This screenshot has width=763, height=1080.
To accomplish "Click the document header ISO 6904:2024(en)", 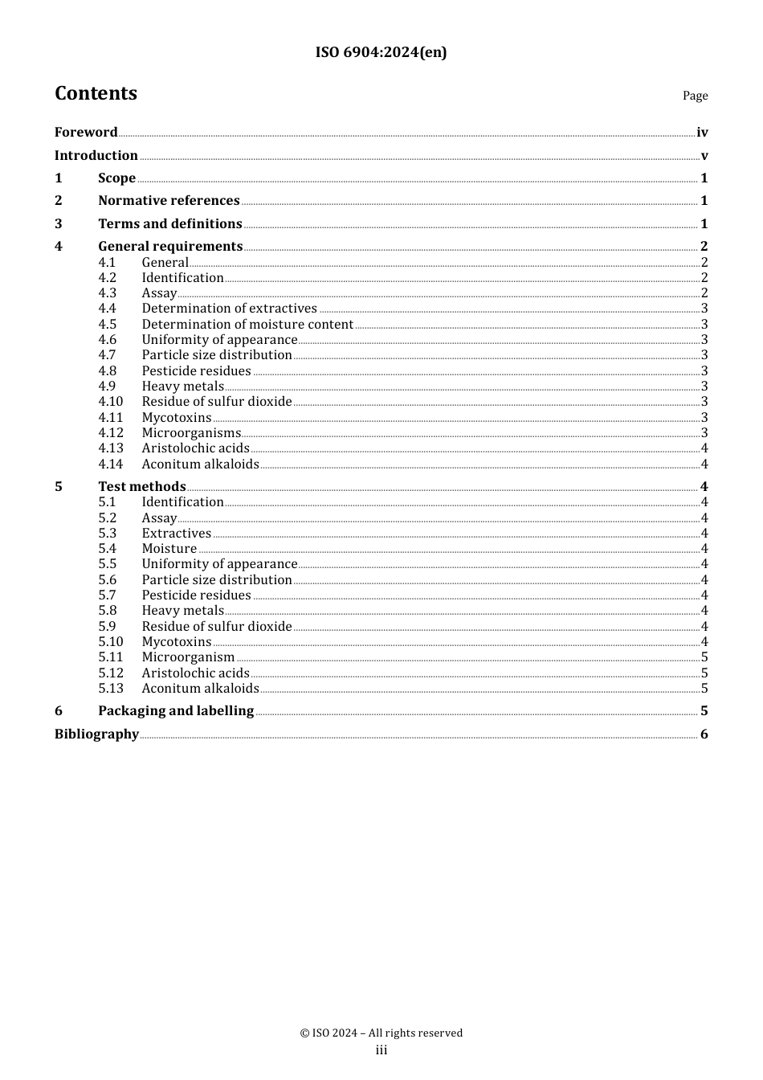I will pos(381,52).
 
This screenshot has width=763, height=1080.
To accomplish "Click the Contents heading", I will pos(96,93).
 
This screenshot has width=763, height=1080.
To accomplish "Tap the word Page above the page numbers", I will pos(695,96).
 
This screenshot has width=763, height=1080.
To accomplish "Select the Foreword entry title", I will pos(86,133).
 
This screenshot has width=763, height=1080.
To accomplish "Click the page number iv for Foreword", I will pos(702,133).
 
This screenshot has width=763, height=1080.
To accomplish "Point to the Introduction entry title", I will pos(96,156).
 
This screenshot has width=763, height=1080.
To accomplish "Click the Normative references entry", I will pos(169,201).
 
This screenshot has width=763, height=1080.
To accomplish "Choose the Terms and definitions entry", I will pos(170,224).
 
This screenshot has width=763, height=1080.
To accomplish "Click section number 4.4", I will pos(108,309).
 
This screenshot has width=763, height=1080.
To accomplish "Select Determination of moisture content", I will pos(247,325).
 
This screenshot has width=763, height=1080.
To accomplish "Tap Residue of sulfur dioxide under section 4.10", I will pos(217,402).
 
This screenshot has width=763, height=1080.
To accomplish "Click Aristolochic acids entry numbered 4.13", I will pos(195,448).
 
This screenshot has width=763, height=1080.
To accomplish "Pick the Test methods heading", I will pos(142,487).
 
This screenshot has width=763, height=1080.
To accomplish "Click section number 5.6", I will pos(108,580).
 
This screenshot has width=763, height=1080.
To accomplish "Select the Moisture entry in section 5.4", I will pos(169,549).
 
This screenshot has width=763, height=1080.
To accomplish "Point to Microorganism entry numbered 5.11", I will pos(188,657).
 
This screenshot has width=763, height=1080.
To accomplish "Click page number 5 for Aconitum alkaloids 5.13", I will pos(704,689).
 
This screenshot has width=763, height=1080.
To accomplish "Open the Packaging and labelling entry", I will pos(176,711).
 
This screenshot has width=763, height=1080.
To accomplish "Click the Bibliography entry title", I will pos(96,734).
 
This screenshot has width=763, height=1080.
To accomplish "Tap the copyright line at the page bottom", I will pos(381,1033).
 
